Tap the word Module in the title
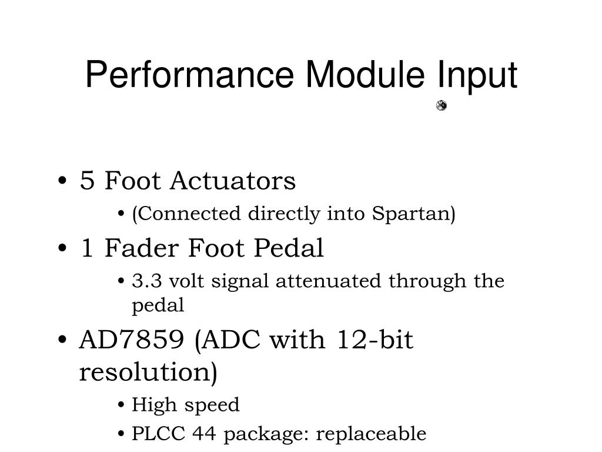click(x=364, y=75)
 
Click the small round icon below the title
click(x=442, y=106)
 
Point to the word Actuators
click(x=233, y=181)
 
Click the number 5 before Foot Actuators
click(x=87, y=181)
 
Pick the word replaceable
click(x=371, y=434)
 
